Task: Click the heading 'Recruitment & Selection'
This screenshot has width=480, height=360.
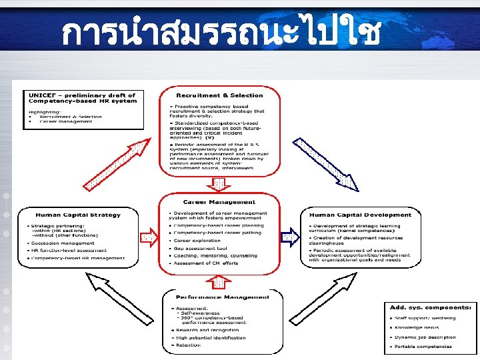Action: click(219, 95)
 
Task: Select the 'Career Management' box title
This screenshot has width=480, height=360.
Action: click(219, 202)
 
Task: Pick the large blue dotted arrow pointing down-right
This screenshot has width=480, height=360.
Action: click(327, 164)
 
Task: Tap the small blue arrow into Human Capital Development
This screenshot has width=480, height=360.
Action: click(289, 235)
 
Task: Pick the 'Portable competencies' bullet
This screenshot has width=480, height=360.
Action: click(423, 346)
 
